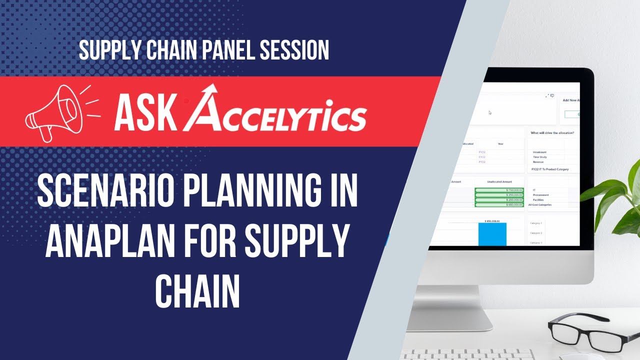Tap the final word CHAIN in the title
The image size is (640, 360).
click(197, 290)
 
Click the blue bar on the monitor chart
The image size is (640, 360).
click(492, 234)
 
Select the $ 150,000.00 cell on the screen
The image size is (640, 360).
click(499, 190)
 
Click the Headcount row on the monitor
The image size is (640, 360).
click(539, 152)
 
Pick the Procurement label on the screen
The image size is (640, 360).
click(541, 195)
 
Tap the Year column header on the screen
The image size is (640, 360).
click(500, 143)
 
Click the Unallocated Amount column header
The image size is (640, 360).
click(500, 181)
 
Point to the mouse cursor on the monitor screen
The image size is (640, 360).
click(490, 112)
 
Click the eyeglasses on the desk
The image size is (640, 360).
click(589, 332)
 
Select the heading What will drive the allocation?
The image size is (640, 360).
click(552, 132)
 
